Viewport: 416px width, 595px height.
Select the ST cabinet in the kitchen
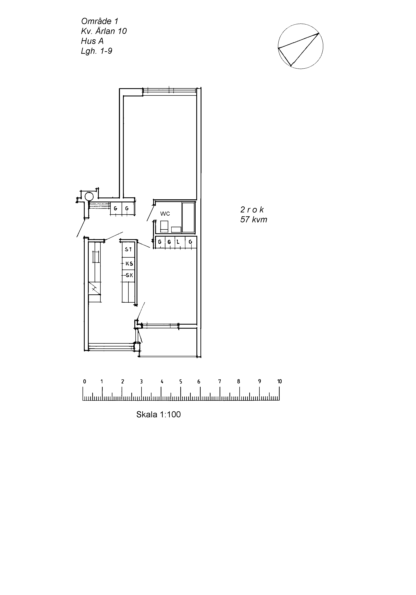tap(128, 249)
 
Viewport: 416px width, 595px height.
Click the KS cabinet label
tap(129, 263)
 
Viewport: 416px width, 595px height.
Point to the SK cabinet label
tap(129, 275)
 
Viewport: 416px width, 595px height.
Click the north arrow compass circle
tap(301, 46)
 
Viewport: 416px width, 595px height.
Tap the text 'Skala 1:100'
tap(158, 414)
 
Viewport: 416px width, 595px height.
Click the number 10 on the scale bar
tap(279, 381)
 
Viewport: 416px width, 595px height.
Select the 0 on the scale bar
tap(84, 381)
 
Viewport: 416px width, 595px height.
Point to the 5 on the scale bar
tap(181, 381)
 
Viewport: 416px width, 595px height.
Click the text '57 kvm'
tap(254, 219)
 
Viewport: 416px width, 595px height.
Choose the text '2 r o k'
tap(252, 209)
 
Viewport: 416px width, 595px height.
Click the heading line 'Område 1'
tap(100, 21)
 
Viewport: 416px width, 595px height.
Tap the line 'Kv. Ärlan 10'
tap(104, 31)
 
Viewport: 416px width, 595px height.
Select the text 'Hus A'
tap(92, 41)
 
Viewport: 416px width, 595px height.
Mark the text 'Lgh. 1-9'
tap(97, 51)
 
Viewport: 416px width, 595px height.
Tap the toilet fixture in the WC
tap(164, 226)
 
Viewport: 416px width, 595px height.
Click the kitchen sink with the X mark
tap(94, 288)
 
